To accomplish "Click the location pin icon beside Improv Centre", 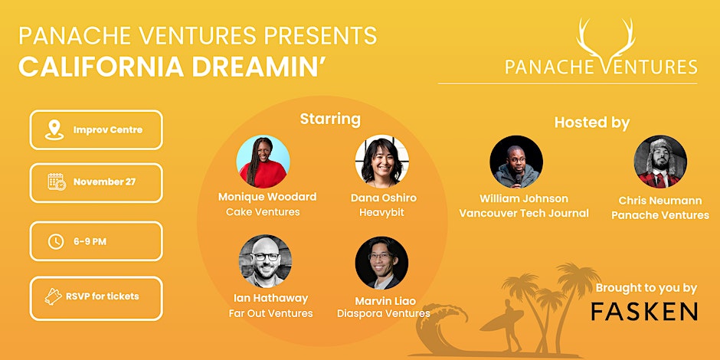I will point(53,129).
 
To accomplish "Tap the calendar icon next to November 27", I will point(57,182).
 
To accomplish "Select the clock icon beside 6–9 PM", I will point(56,241).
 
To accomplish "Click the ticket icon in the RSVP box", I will point(54,296).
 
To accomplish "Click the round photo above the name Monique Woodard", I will point(263,162).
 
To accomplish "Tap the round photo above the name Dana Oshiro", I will point(381,162).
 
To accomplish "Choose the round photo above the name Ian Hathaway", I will point(265,261).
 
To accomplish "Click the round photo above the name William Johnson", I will point(516,162).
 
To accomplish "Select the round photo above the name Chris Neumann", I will point(660,162).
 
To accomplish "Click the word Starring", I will point(329,119).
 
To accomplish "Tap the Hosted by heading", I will point(591,123).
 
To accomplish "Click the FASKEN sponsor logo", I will point(644,310).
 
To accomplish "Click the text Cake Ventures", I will point(263,212).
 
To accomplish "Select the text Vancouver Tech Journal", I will point(524,213).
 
